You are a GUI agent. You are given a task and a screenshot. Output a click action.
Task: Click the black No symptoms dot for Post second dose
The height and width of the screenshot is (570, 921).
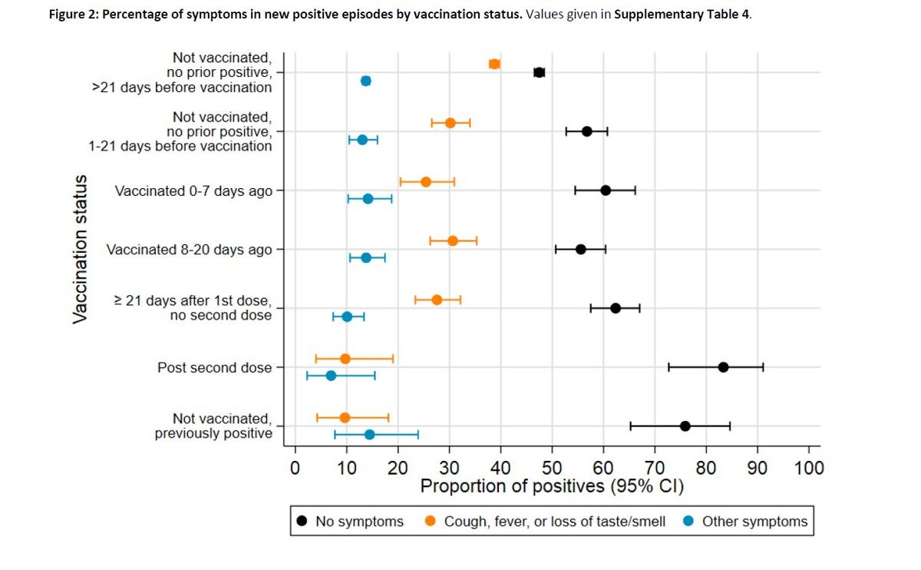pos(723,367)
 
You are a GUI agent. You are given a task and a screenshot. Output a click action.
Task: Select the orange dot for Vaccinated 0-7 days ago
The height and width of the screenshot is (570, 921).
pos(426,182)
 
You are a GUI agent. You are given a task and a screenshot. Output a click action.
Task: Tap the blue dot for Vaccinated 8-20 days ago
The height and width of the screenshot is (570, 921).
pos(366,257)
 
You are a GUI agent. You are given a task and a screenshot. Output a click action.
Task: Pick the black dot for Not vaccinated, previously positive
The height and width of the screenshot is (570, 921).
pos(685,426)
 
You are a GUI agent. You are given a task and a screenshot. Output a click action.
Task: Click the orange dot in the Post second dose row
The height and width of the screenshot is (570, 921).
pos(345,359)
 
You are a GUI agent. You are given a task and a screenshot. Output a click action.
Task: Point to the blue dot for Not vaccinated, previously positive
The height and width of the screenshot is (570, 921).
pos(369,434)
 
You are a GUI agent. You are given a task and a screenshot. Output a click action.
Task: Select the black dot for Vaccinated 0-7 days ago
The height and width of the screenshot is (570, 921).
pos(606,191)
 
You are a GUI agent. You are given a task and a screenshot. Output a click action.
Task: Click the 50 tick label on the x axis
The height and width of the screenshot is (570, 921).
pos(552,468)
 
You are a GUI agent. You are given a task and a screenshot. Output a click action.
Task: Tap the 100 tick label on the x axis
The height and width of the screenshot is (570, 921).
pos(809,468)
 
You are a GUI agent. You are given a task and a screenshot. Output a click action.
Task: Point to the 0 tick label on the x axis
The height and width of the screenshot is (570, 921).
pos(295,468)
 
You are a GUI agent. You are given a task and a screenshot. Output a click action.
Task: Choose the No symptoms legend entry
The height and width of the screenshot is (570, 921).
pos(350,522)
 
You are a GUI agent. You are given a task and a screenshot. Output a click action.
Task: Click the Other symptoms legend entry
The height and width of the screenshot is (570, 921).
pos(745,522)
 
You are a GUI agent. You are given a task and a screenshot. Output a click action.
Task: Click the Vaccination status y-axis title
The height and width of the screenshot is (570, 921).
pos(81,249)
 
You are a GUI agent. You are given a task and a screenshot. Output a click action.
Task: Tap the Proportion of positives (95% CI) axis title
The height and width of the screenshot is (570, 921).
pos(551,487)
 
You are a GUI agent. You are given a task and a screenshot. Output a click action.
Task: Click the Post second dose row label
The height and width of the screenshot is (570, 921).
pos(215,368)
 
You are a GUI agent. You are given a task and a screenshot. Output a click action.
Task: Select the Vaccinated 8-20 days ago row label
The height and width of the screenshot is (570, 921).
pos(190,250)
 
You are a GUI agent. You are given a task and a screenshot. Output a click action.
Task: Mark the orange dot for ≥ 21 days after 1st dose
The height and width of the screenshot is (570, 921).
pos(437,300)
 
